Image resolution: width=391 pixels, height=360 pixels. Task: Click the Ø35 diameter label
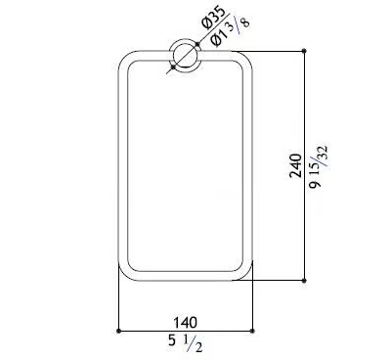213,19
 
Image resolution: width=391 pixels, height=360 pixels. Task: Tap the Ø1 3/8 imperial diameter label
230,32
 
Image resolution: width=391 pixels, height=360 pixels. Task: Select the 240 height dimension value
295,165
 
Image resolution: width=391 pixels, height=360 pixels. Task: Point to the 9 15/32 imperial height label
319,167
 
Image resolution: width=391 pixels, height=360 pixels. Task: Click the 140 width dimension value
185,323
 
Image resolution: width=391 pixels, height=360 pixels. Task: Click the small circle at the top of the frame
185,56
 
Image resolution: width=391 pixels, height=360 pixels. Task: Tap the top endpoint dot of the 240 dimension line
304,51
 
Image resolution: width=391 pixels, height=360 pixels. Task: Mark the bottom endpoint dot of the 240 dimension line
304,281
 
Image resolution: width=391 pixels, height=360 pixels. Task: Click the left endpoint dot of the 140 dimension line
118,331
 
